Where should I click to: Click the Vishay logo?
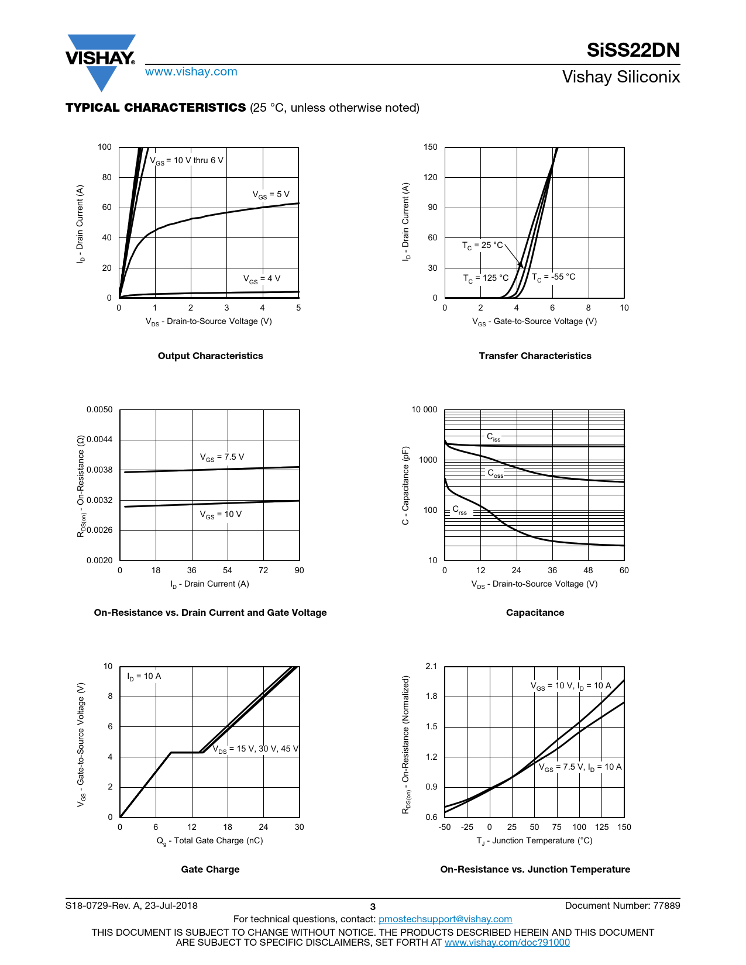pos(101,60)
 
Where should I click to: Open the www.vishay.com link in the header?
pos(191,72)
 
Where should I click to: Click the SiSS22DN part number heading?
pos(633,50)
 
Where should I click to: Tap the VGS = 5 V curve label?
pos(271,195)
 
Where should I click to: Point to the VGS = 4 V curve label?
pos(262,279)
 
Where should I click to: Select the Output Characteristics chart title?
pos(210,356)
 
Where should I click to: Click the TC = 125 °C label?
pos(486,278)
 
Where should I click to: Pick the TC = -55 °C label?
pos(554,277)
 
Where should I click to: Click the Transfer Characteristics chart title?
pos(535,356)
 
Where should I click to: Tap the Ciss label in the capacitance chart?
pos(494,437)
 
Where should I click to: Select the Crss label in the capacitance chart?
pos(460,510)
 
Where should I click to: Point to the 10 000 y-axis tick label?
pos(424,409)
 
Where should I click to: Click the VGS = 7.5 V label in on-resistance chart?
pos(222,457)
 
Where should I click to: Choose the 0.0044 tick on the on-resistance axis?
pos(99,440)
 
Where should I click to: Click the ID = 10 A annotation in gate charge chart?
pos(144,677)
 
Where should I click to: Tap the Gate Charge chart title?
pos(210,869)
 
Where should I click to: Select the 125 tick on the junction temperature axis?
pos(601,827)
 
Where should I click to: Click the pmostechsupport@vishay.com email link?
pos(445,919)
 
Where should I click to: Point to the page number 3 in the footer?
pos(373,907)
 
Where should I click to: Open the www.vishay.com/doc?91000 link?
pos(507,942)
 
